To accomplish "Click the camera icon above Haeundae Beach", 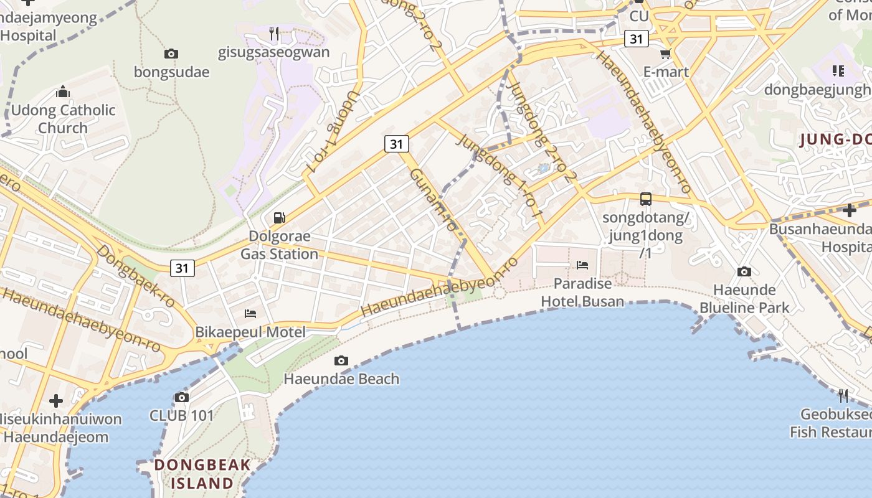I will pos(341,360).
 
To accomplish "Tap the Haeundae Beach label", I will pos(341,378).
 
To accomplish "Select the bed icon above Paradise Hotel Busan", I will pos(582,265).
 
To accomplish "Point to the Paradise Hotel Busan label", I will pos(582,293).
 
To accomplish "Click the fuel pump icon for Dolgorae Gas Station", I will pos(280,218).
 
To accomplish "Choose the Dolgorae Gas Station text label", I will pos(280,245).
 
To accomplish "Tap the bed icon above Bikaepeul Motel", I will pos(250,313).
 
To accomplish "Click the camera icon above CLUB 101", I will pos(181,397).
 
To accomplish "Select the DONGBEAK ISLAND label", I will pos(202,474).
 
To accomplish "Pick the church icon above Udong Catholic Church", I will pos(63,92).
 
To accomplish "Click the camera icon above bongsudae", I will pos(171,54).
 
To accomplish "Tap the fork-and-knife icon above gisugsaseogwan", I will pos(274,34).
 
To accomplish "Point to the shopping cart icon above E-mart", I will pos(665,54).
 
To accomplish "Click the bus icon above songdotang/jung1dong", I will pos(646,199).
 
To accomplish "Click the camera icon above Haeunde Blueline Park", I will pos(744,271).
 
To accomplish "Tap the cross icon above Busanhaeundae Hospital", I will pos(848,210).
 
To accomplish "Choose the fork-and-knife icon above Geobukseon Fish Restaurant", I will pos(843,395).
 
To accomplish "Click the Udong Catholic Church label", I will pos(63,119).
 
